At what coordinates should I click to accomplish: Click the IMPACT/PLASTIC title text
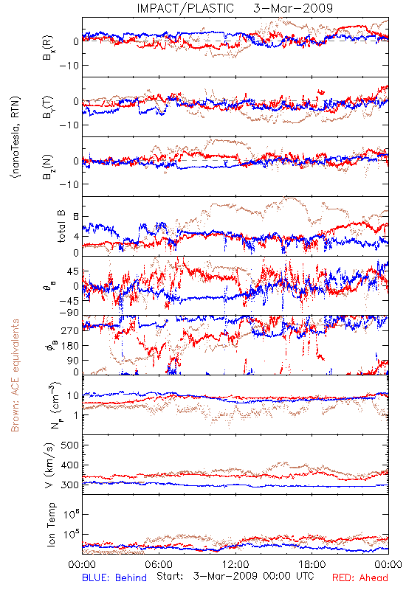pos(185,8)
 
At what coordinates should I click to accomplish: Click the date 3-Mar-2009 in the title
pos(293,8)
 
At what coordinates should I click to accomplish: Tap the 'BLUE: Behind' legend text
pos(114,577)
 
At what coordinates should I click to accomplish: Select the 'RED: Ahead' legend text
pos(359,577)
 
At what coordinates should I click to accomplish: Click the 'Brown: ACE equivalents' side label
pos(15,375)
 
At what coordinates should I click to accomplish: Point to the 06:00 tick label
pos(159,564)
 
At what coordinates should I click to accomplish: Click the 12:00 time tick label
pos(235,564)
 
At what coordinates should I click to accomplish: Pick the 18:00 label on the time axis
pos(312,564)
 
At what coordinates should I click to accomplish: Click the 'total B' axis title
pos(61,226)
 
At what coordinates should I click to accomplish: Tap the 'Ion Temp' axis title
pos(51,524)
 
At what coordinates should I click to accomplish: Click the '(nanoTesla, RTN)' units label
pos(16,136)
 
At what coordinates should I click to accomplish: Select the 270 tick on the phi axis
pos(70,330)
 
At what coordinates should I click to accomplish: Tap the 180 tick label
pos(70,345)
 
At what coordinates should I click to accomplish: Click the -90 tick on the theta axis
pos(69,313)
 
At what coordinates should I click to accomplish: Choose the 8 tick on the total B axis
pos(76,217)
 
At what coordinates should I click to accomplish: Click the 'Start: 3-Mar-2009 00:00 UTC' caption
pos(235,576)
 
